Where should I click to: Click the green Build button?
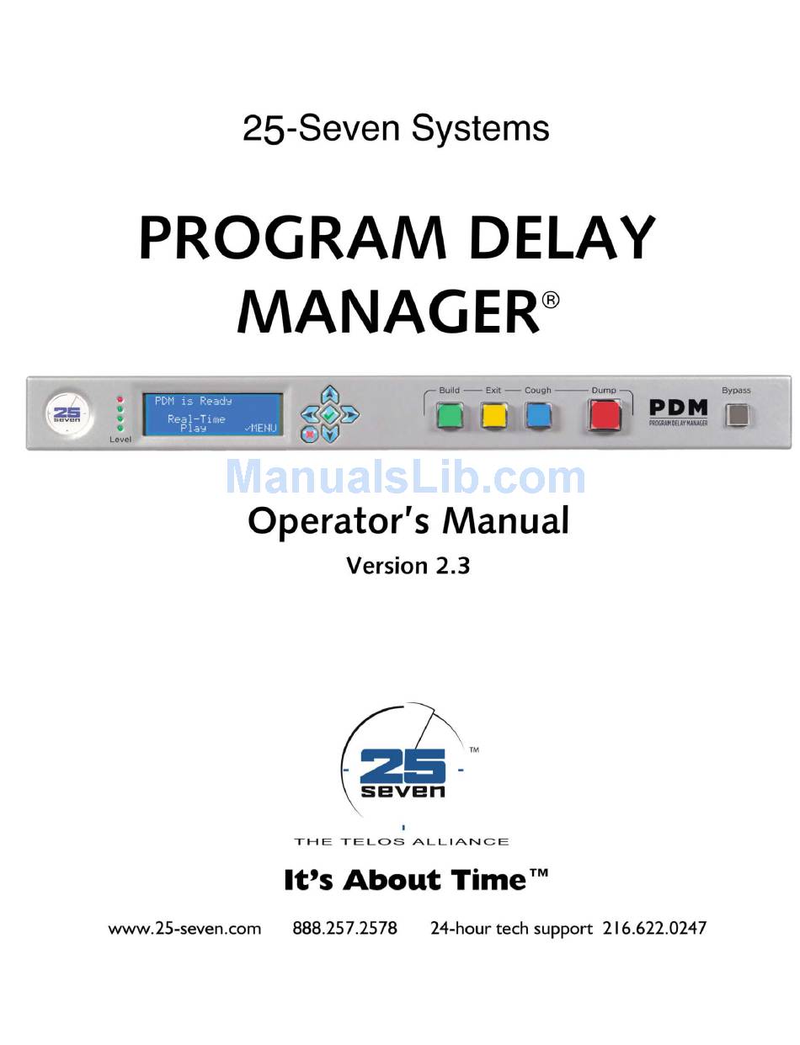[x=450, y=415]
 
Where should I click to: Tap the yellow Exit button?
[x=493, y=415]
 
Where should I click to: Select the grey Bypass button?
[x=736, y=415]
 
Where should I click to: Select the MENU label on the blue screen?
[x=260, y=428]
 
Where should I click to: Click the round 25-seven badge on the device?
[x=67, y=414]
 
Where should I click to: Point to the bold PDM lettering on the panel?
[x=678, y=408]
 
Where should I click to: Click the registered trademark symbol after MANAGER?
[x=551, y=301]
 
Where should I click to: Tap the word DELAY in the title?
[x=563, y=238]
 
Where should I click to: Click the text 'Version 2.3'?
[x=408, y=566]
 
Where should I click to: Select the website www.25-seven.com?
[x=184, y=928]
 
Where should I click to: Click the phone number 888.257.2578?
[x=344, y=928]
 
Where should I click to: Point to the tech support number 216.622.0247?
[x=654, y=928]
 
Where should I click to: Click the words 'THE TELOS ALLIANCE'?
[x=402, y=841]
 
